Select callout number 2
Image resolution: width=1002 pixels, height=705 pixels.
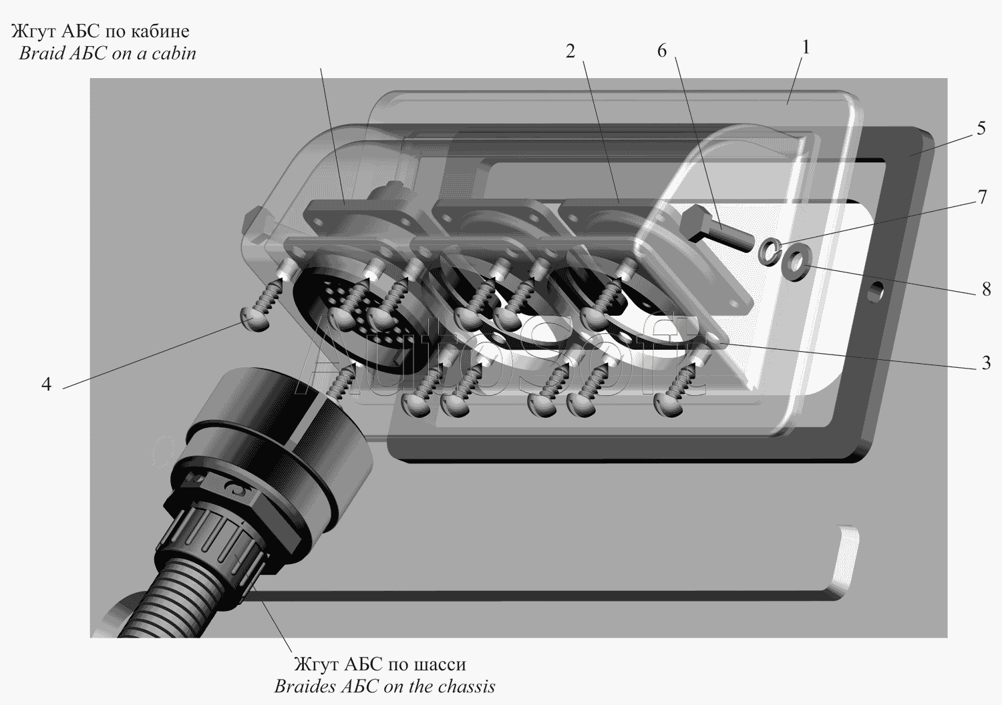tap(570, 52)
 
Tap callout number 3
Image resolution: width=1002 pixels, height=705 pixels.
tap(986, 363)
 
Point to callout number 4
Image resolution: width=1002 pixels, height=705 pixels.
tap(47, 384)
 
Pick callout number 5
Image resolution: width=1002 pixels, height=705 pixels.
tap(981, 129)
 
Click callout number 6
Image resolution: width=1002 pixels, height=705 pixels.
tap(661, 51)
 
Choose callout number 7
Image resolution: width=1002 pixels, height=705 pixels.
tap(982, 197)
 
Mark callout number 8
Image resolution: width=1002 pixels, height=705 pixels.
tap(987, 289)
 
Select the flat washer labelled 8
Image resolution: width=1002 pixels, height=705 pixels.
tap(794, 262)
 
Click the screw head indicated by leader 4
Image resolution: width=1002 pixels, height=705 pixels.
tap(255, 318)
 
